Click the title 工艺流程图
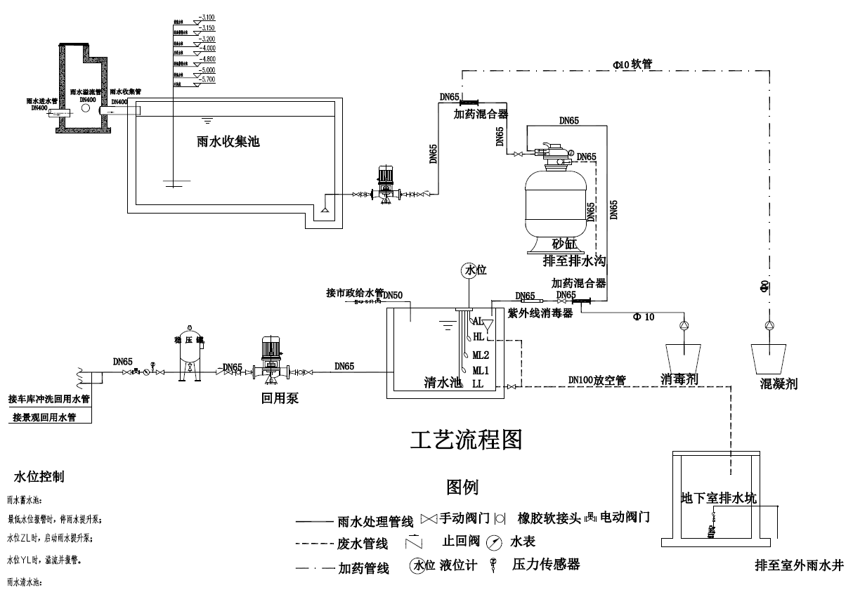pos(466,440)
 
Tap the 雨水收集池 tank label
pos(228,141)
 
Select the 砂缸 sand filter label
pos(563,244)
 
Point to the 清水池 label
pos(443,383)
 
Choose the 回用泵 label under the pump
pos(280,398)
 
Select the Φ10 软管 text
pos(632,64)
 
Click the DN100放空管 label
pos(597,380)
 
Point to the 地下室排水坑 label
pos(719,498)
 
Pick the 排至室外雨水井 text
pos(799,565)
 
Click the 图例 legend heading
pos(462,486)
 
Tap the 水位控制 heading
pos(39,477)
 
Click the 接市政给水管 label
pos(355,292)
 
